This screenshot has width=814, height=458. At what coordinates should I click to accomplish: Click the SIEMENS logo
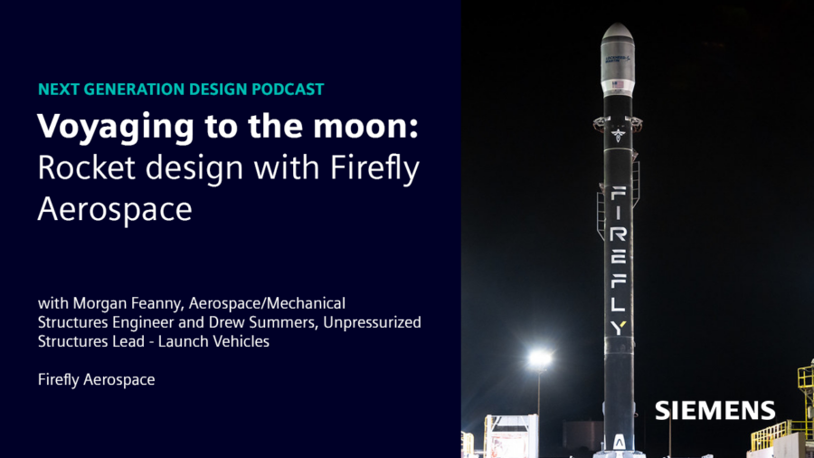[715, 410]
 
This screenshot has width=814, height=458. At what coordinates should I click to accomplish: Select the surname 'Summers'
[280, 322]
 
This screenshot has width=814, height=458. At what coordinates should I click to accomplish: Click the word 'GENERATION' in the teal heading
[136, 90]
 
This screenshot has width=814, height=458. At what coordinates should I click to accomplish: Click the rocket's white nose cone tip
[617, 29]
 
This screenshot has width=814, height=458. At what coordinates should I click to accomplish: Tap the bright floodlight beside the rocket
[540, 359]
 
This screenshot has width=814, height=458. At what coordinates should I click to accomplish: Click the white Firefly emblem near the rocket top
[618, 135]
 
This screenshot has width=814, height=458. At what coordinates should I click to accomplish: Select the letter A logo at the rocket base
[619, 443]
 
